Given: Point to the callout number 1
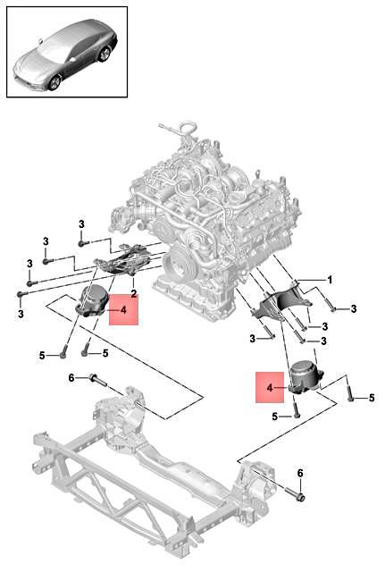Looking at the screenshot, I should click(329, 280).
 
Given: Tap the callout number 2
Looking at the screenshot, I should click(133, 292).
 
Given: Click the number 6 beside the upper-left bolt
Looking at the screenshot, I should click(72, 378).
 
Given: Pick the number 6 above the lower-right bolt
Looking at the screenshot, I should click(300, 472).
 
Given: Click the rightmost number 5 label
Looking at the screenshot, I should click(372, 397).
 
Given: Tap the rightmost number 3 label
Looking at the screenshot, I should click(353, 308).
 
